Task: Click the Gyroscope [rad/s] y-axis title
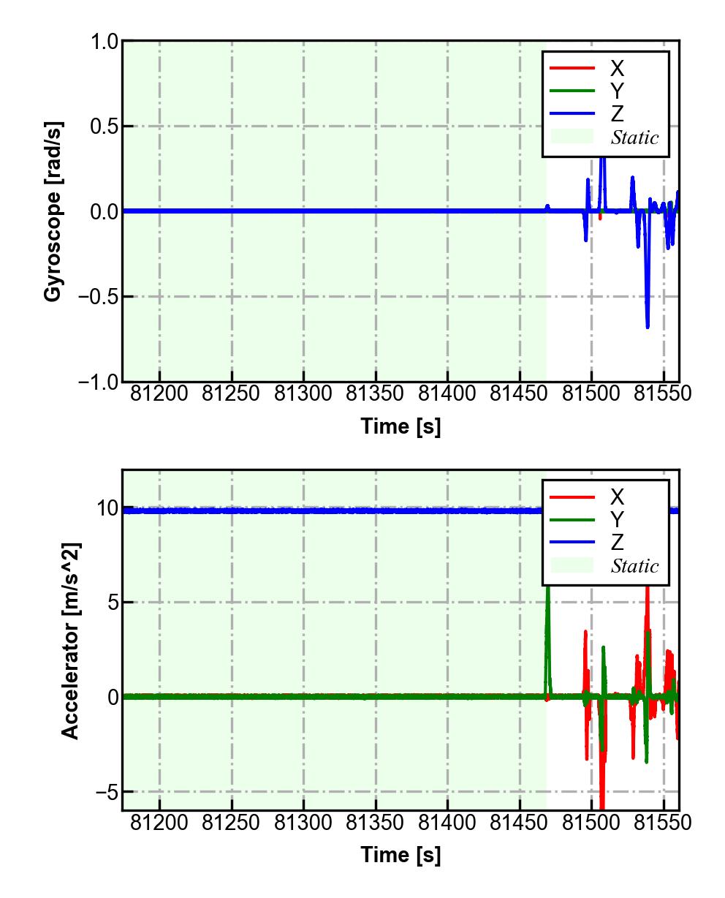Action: tap(53, 211)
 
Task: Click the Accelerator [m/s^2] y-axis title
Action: tap(71, 640)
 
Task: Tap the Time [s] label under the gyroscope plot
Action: tap(401, 426)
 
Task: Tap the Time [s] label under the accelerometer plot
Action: tap(401, 854)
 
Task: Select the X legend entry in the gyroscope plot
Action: tap(617, 69)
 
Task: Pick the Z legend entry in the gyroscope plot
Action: tap(617, 114)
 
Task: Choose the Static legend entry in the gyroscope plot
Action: tap(634, 137)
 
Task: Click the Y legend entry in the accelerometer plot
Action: tap(617, 520)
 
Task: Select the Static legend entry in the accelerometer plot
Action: tap(634, 566)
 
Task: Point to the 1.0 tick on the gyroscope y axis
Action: tap(104, 42)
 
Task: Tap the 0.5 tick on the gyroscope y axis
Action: tap(104, 127)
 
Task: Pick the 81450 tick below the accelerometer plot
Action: tap(520, 823)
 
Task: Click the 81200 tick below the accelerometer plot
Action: tap(159, 823)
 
